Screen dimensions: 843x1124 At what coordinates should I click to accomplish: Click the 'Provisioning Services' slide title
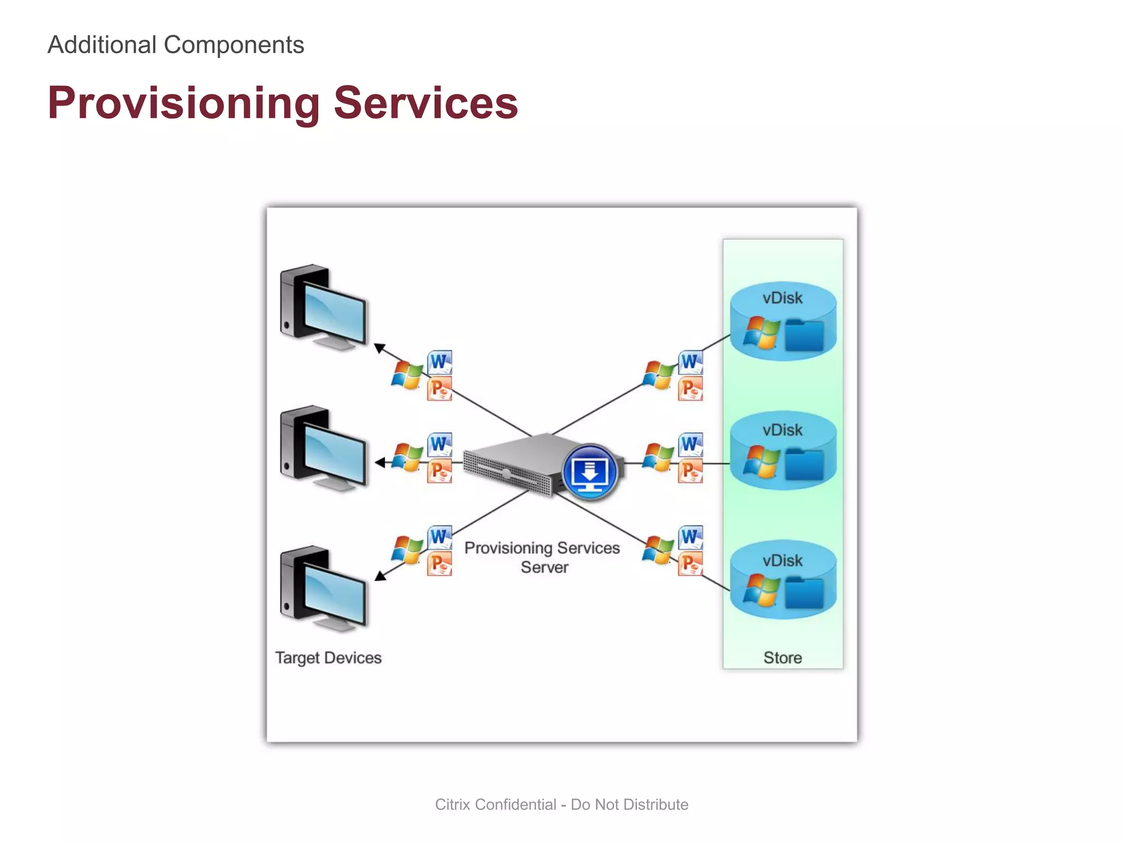click(283, 103)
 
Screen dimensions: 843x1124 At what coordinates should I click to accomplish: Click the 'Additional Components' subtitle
click(176, 45)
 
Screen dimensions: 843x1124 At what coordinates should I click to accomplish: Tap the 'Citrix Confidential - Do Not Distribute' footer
click(561, 805)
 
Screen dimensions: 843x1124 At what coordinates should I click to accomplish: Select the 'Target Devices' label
click(328, 657)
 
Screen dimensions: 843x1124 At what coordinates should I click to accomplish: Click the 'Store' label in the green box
click(783, 657)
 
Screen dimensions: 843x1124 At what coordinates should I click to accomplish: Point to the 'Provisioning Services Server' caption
click(542, 557)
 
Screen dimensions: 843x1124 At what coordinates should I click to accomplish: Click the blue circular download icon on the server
click(589, 471)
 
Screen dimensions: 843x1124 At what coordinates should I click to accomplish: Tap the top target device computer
click(324, 307)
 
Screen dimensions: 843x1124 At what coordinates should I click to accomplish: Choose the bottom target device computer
click(324, 589)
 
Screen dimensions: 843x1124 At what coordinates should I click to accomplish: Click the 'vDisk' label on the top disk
click(783, 298)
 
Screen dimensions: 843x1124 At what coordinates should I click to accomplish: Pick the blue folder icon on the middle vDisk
click(804, 464)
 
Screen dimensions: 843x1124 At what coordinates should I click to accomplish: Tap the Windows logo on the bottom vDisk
click(761, 591)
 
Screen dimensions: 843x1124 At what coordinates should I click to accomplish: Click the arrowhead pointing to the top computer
click(379, 348)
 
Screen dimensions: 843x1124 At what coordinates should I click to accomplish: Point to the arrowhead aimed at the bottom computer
click(380, 576)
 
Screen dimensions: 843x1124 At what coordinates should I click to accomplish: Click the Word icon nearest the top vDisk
click(690, 362)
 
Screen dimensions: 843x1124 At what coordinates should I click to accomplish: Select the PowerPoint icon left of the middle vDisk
click(690, 471)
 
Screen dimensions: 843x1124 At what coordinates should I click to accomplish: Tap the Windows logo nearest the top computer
click(407, 375)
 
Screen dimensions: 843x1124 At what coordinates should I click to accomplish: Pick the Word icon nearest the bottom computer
click(440, 537)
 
